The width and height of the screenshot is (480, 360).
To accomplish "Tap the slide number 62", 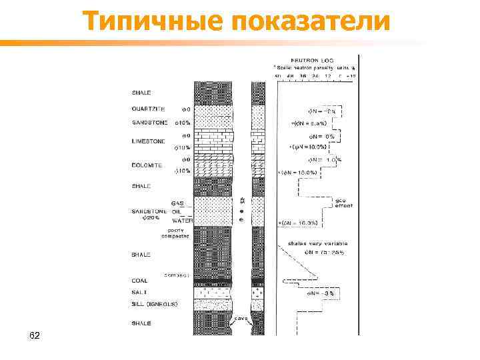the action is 35,335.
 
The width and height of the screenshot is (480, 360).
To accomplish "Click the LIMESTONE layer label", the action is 149,141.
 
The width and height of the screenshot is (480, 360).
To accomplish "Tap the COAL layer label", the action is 139,281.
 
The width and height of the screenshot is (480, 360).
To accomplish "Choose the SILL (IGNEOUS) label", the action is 154,303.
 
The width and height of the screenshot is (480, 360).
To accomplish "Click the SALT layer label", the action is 139,293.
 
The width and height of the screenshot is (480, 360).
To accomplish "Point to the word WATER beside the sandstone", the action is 182,220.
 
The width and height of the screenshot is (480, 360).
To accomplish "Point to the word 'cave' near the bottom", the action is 241,318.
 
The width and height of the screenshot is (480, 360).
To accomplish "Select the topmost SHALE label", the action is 141,93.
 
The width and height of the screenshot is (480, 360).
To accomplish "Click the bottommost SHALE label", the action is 141,323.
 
